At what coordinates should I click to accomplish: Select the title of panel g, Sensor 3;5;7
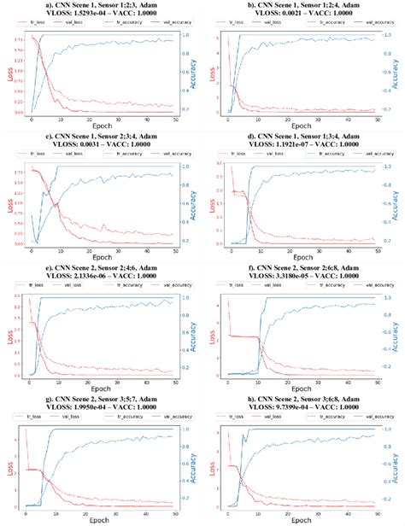pos(103,397)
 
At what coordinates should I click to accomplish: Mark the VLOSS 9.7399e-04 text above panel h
pos(301,406)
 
